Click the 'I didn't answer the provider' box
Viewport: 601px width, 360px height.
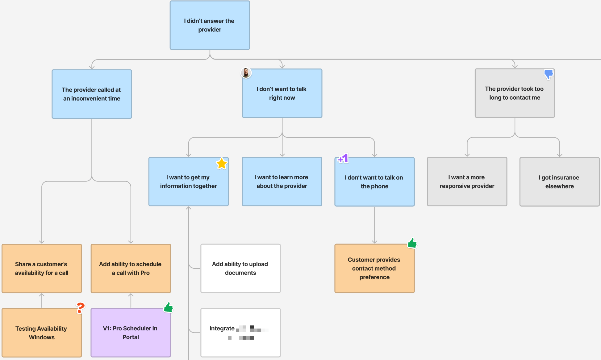pos(210,25)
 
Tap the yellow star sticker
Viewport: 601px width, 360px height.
pos(222,163)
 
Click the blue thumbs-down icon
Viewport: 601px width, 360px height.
pos(549,74)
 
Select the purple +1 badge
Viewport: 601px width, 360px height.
pos(343,159)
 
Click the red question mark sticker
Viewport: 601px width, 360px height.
pos(80,308)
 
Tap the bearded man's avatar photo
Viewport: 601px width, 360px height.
pos(246,73)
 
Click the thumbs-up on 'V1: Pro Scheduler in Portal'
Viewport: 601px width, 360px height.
pos(169,307)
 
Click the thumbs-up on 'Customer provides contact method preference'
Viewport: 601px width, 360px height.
pos(412,243)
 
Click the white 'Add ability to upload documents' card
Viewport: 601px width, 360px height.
pos(240,268)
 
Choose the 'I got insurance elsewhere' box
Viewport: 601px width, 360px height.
pos(559,182)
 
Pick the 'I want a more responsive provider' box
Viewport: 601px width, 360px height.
pos(467,182)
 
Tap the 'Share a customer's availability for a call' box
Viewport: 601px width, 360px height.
pos(41,268)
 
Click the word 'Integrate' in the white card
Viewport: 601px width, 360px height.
pos(222,329)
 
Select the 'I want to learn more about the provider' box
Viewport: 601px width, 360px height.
pos(282,182)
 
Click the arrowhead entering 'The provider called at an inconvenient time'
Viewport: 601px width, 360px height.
pos(92,67)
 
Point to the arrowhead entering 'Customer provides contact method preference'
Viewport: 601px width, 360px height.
pos(374,242)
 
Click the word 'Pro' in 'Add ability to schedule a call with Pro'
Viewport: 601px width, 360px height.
pos(145,273)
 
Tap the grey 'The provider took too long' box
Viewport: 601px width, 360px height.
pos(515,93)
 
